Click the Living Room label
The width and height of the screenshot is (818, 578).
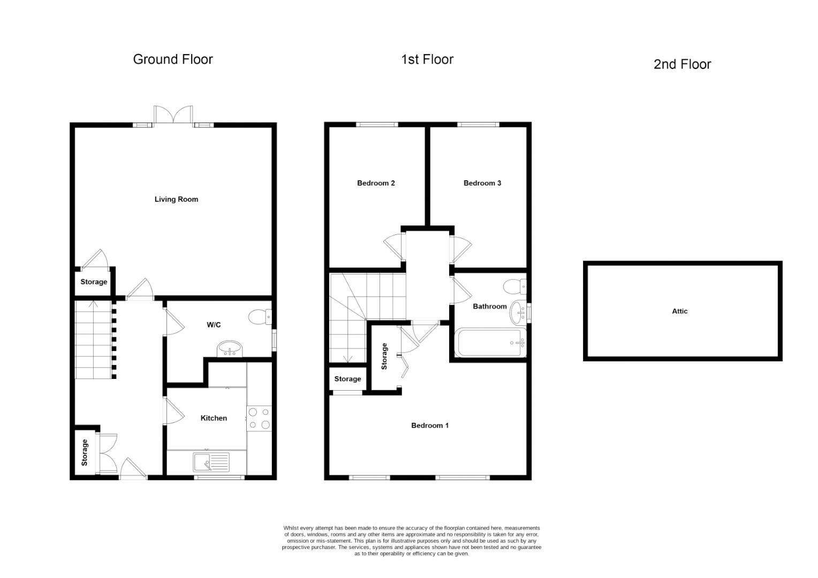tap(176, 199)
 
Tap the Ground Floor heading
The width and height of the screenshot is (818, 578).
tap(172, 59)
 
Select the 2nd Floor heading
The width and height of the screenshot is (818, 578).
tap(682, 64)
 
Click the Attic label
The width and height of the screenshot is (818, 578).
tap(679, 311)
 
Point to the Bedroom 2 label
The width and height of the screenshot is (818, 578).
tap(376, 183)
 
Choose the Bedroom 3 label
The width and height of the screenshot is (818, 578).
tap(482, 183)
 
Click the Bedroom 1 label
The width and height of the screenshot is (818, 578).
tap(429, 425)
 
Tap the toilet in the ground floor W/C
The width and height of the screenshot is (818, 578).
tap(261, 317)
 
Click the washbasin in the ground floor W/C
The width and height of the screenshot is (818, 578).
tap(231, 350)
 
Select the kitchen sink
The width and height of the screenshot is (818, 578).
tap(211, 462)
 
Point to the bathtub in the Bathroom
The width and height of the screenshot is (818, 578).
tap(490, 343)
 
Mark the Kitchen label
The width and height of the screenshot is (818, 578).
tap(214, 418)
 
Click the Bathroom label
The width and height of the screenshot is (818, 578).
tap(489, 307)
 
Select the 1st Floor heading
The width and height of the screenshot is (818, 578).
tap(427, 59)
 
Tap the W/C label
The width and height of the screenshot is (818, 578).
tap(214, 325)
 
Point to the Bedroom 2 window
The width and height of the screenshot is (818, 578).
tap(377, 125)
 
